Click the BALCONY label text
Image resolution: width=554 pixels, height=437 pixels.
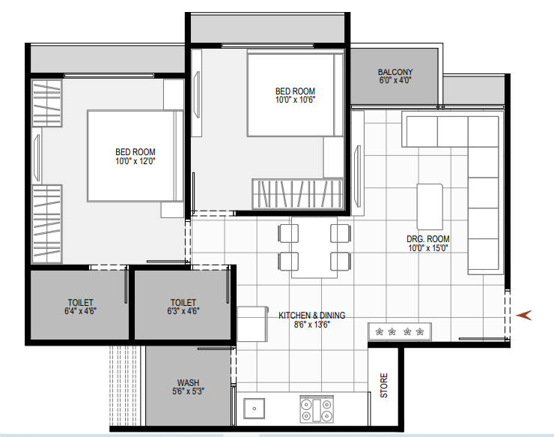click(x=395, y=72)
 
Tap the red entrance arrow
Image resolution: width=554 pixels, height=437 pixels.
click(x=524, y=315)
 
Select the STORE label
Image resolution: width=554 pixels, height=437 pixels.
click(x=384, y=385)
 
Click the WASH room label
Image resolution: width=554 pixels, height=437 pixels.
click(x=188, y=383)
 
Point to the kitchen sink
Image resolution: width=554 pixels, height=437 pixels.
click(x=254, y=409)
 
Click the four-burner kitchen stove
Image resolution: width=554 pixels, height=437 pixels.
click(x=317, y=409)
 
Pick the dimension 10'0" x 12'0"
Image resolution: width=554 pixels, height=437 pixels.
click(x=136, y=161)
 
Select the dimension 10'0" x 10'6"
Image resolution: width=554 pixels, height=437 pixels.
click(x=295, y=100)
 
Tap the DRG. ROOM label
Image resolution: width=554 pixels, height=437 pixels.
click(x=428, y=239)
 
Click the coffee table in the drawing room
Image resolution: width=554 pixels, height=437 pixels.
click(x=430, y=207)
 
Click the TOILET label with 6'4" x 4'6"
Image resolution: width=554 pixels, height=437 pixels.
click(x=81, y=303)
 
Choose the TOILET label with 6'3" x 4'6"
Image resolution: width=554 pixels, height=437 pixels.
click(x=183, y=303)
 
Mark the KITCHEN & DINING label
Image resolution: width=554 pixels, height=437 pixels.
click(x=312, y=316)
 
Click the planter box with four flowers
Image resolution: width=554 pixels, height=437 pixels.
click(x=400, y=331)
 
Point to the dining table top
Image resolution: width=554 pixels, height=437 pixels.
click(x=314, y=247)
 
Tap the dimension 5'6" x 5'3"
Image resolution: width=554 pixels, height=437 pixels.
click(x=188, y=391)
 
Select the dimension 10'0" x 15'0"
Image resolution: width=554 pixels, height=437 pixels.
click(x=428, y=247)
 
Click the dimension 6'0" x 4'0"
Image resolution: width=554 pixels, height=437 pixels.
click(x=395, y=80)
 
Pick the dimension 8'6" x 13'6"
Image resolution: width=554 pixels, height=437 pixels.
click(x=312, y=324)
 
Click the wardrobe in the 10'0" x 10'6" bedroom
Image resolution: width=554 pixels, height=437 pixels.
click(x=297, y=194)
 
